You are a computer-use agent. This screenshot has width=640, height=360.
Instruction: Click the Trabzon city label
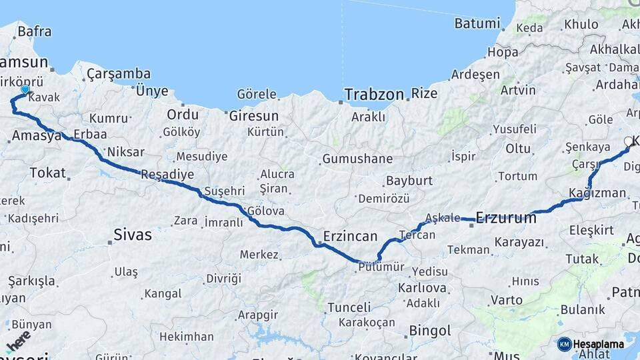coord(375,94)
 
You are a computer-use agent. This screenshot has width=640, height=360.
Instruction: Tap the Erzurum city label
coord(507,218)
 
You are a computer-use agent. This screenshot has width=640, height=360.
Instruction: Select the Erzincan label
coord(350,236)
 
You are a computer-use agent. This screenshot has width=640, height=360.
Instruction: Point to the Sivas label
coord(133,235)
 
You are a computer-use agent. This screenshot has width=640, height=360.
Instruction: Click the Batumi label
coord(477,23)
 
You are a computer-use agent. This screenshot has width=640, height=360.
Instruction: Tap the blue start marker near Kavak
coord(25,89)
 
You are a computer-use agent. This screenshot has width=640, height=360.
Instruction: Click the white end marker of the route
coord(628,141)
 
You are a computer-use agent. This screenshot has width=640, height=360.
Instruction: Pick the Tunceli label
coord(349,307)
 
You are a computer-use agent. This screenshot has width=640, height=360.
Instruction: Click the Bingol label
coord(430,331)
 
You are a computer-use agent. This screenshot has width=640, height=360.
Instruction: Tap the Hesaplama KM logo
coord(591,344)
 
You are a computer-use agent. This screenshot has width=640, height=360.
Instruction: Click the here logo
coord(18,341)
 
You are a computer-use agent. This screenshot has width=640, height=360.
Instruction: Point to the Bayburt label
coord(409,181)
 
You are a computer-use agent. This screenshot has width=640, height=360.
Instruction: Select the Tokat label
coord(48,173)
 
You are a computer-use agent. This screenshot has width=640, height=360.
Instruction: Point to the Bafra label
coord(34,31)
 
